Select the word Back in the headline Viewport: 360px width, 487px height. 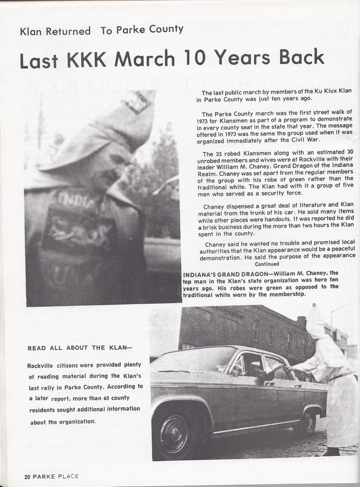[x=297, y=57]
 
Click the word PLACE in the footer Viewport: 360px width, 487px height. [x=66, y=476]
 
